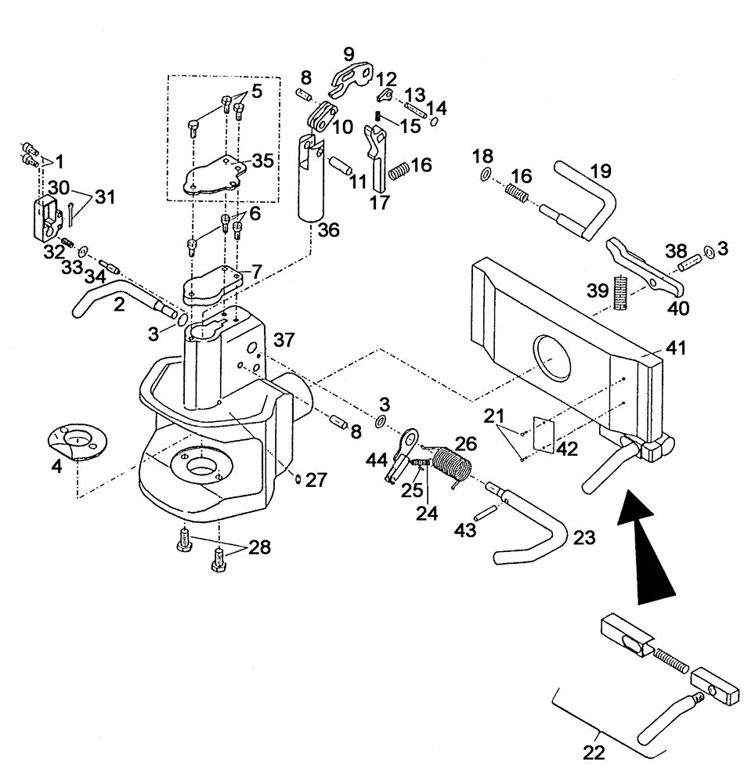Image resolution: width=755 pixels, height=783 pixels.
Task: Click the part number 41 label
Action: pos(675,348)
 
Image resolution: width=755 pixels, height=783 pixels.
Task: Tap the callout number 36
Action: pos(328,231)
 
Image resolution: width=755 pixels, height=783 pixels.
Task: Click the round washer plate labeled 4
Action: pos(77,440)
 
